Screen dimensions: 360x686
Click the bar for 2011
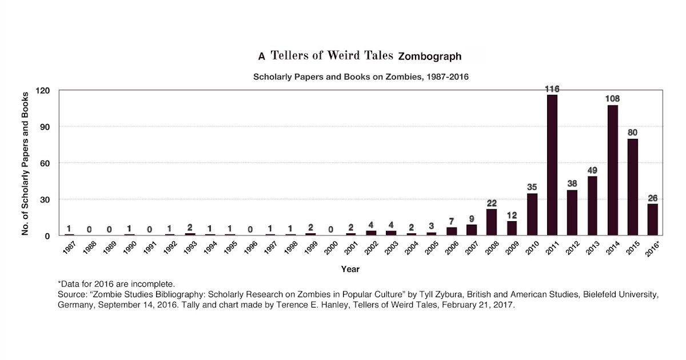(552, 165)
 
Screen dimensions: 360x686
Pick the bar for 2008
(492, 222)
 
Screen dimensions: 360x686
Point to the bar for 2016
(652, 219)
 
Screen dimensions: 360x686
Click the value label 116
(552, 89)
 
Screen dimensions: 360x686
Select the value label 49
(592, 170)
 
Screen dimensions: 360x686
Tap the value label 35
(532, 187)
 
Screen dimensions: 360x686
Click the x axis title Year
(350, 269)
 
